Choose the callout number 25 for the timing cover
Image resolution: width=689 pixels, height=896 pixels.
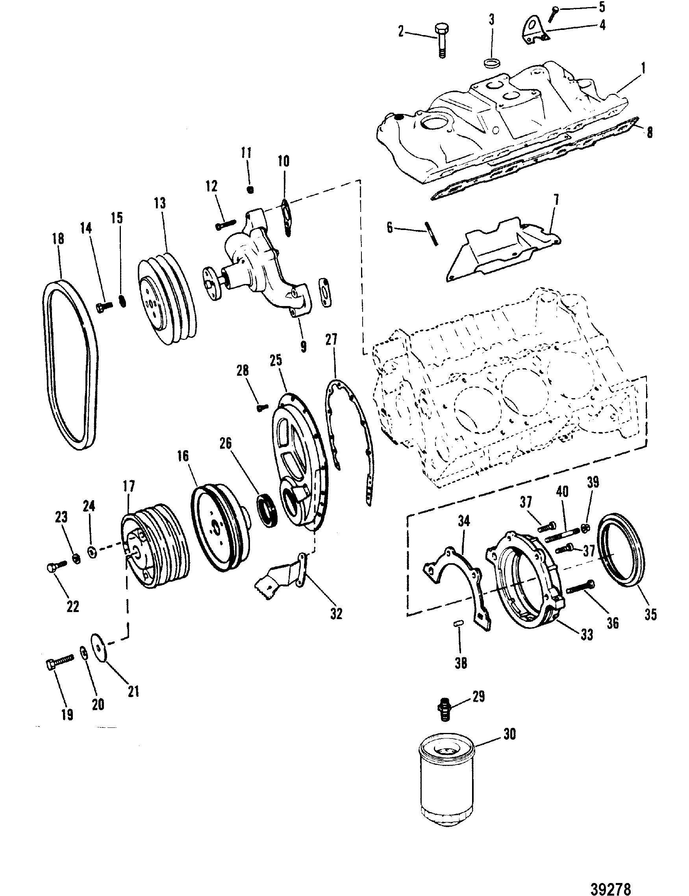coord(276,361)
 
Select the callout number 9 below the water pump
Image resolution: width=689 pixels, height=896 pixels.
coord(303,347)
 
